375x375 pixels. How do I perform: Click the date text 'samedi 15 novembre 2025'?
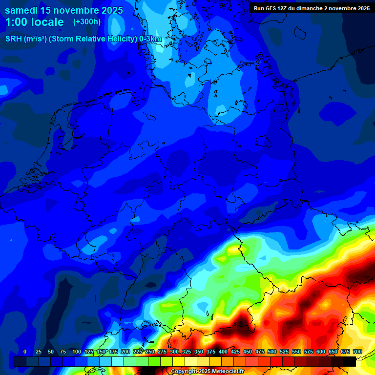point(64,10)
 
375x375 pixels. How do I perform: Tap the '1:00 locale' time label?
point(35,22)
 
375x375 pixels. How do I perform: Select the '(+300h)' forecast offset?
point(86,22)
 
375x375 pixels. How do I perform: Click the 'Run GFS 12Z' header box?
point(312,8)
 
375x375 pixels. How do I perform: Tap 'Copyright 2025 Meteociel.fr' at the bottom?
point(207,372)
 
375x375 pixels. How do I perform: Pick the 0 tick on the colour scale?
point(25,352)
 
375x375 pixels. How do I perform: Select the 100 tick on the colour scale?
point(76,352)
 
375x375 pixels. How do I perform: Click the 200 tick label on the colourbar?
point(125,352)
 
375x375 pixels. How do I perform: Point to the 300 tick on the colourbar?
point(174,352)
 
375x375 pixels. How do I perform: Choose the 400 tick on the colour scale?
point(223,352)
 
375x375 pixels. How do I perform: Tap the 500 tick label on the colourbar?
point(271,352)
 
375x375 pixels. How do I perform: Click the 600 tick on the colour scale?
point(320,352)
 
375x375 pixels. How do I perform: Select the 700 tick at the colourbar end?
point(357,352)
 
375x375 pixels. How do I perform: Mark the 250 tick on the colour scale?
point(149,352)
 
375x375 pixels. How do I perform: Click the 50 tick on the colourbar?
point(50,352)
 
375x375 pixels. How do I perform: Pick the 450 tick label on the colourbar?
point(247,352)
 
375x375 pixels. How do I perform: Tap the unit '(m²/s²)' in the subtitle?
point(36,39)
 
